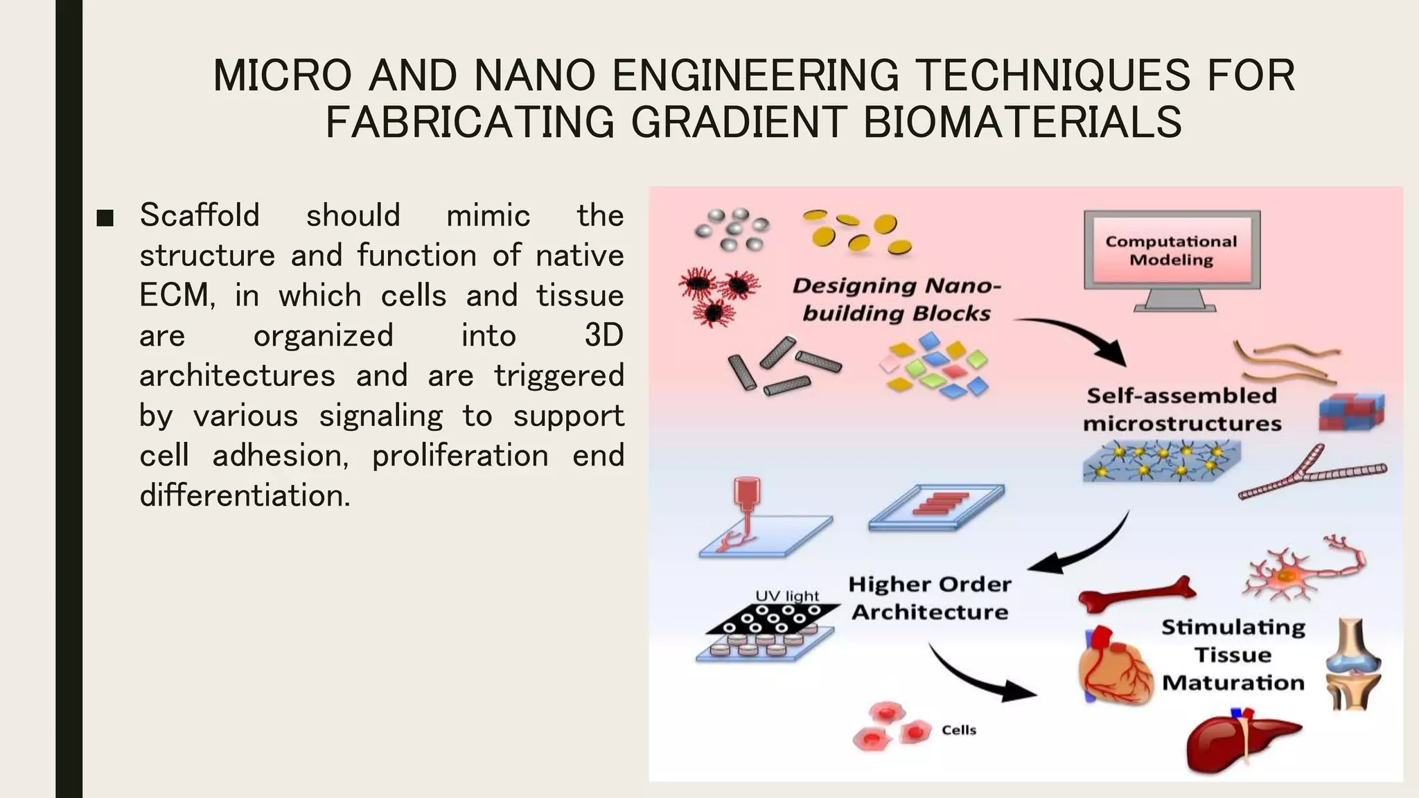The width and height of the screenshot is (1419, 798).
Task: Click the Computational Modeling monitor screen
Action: (1171, 250)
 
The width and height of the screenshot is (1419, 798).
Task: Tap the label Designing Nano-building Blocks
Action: (897, 299)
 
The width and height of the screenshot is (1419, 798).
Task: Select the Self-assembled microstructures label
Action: (1182, 409)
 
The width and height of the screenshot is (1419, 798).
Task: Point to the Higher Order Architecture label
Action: (930, 598)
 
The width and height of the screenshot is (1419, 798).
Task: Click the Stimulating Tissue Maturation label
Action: (1233, 655)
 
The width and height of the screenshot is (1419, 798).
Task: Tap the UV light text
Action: (787, 596)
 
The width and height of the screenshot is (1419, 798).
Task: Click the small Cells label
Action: (959, 730)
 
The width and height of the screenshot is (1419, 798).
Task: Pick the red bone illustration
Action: (1137, 594)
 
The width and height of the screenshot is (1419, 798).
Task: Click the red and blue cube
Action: (1351, 412)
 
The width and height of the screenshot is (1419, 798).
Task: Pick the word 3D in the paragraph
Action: (603, 336)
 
